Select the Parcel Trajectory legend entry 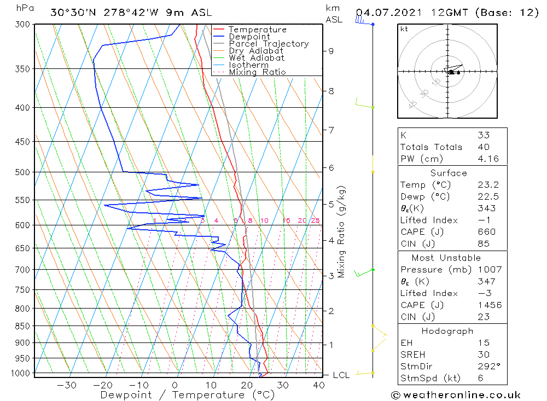(x=269, y=44)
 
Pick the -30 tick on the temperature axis (x=67, y=385)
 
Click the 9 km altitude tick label (x=331, y=51)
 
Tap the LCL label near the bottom (x=341, y=375)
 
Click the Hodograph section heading (x=447, y=331)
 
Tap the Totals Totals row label (x=431, y=147)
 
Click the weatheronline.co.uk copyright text (x=456, y=395)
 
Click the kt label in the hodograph (x=404, y=29)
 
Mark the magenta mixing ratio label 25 (x=315, y=220)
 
